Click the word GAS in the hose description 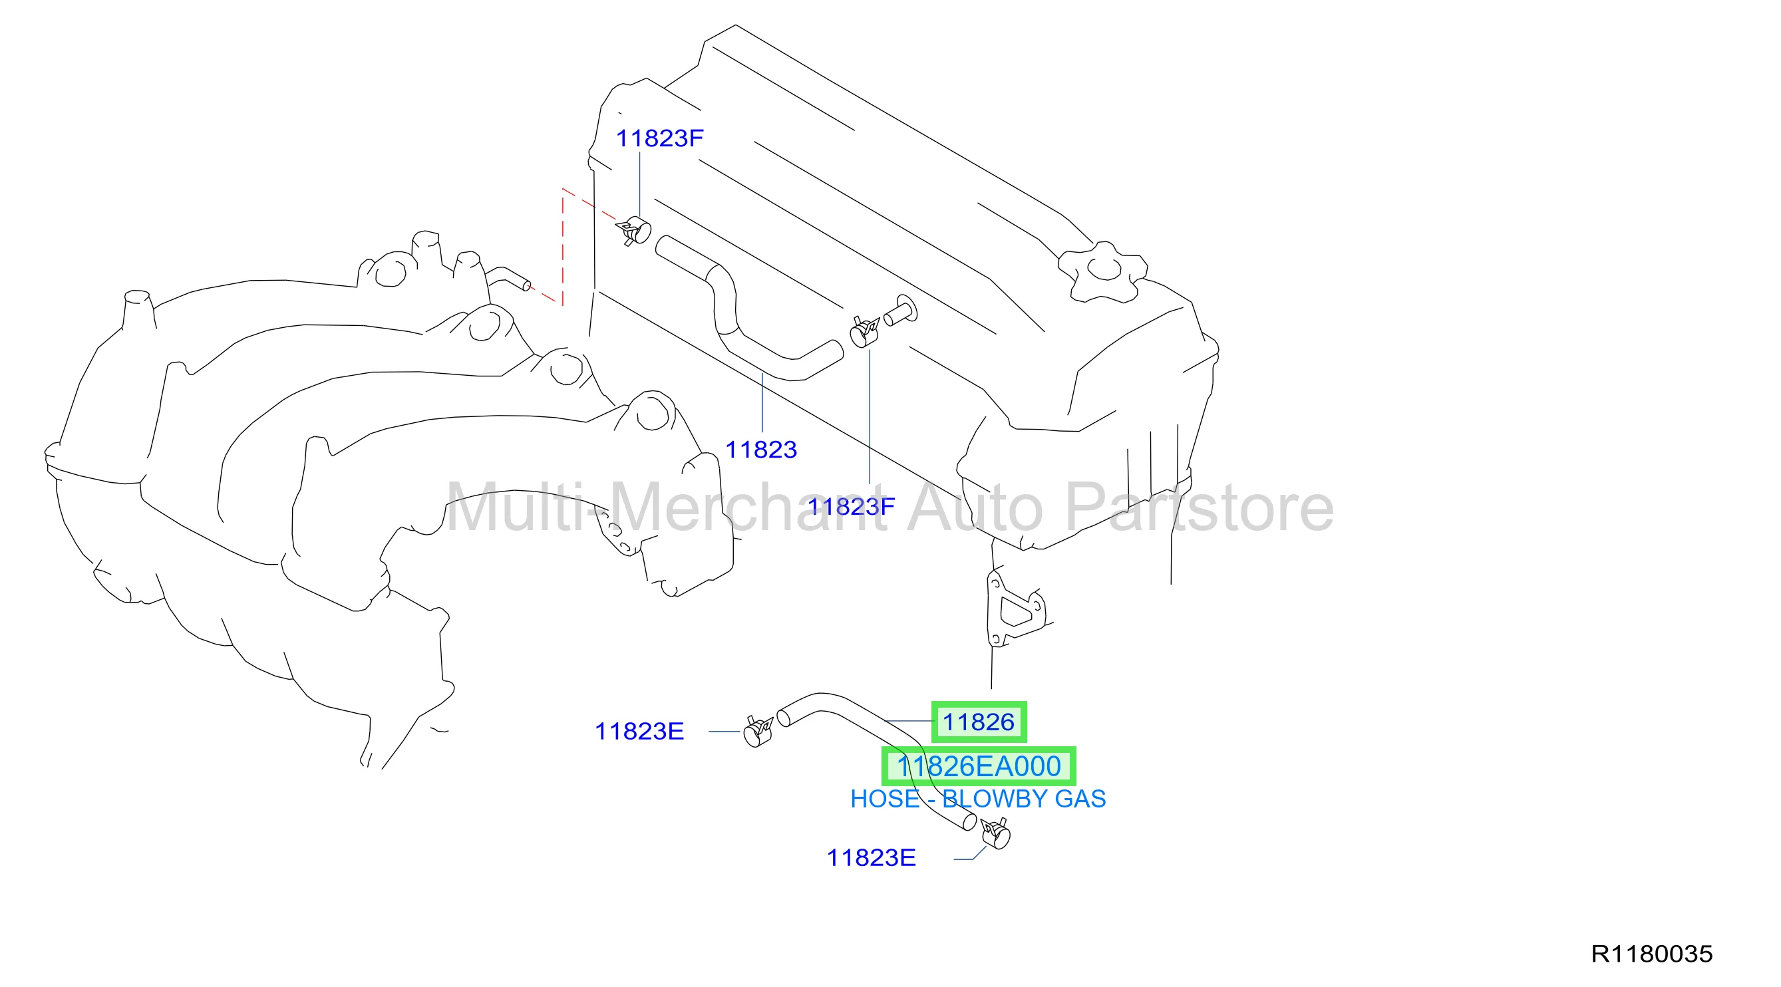tap(1080, 799)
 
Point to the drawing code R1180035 tap(1652, 954)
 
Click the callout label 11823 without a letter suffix tap(761, 450)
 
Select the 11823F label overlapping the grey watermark tap(851, 507)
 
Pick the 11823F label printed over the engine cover tap(659, 138)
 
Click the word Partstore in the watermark tap(1200, 509)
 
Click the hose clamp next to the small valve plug tap(864, 333)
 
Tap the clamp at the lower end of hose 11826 tap(996, 833)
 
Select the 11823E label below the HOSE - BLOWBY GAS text tap(871, 858)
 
